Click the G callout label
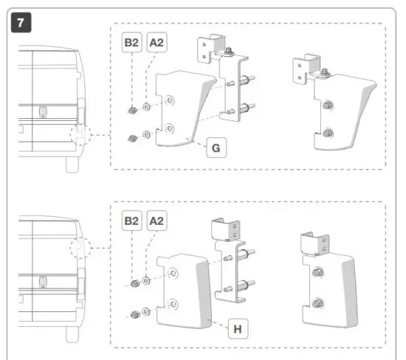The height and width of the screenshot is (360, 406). [217, 148]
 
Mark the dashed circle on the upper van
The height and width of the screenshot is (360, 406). [78, 136]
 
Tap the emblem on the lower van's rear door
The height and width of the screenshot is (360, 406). [42, 280]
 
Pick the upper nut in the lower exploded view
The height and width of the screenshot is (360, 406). [135, 284]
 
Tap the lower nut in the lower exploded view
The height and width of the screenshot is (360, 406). [136, 315]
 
